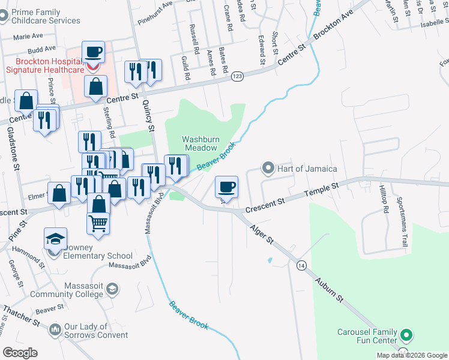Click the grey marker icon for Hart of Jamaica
click(x=268, y=167)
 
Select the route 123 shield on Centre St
click(x=238, y=76)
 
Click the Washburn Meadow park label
click(x=200, y=143)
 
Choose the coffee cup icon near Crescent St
click(x=226, y=186)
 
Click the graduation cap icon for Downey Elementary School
click(x=55, y=239)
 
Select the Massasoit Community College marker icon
click(x=112, y=290)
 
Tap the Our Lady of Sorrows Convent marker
click(x=55, y=329)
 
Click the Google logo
click(x=20, y=353)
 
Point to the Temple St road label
click(x=322, y=189)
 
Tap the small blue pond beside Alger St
click(x=270, y=260)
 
